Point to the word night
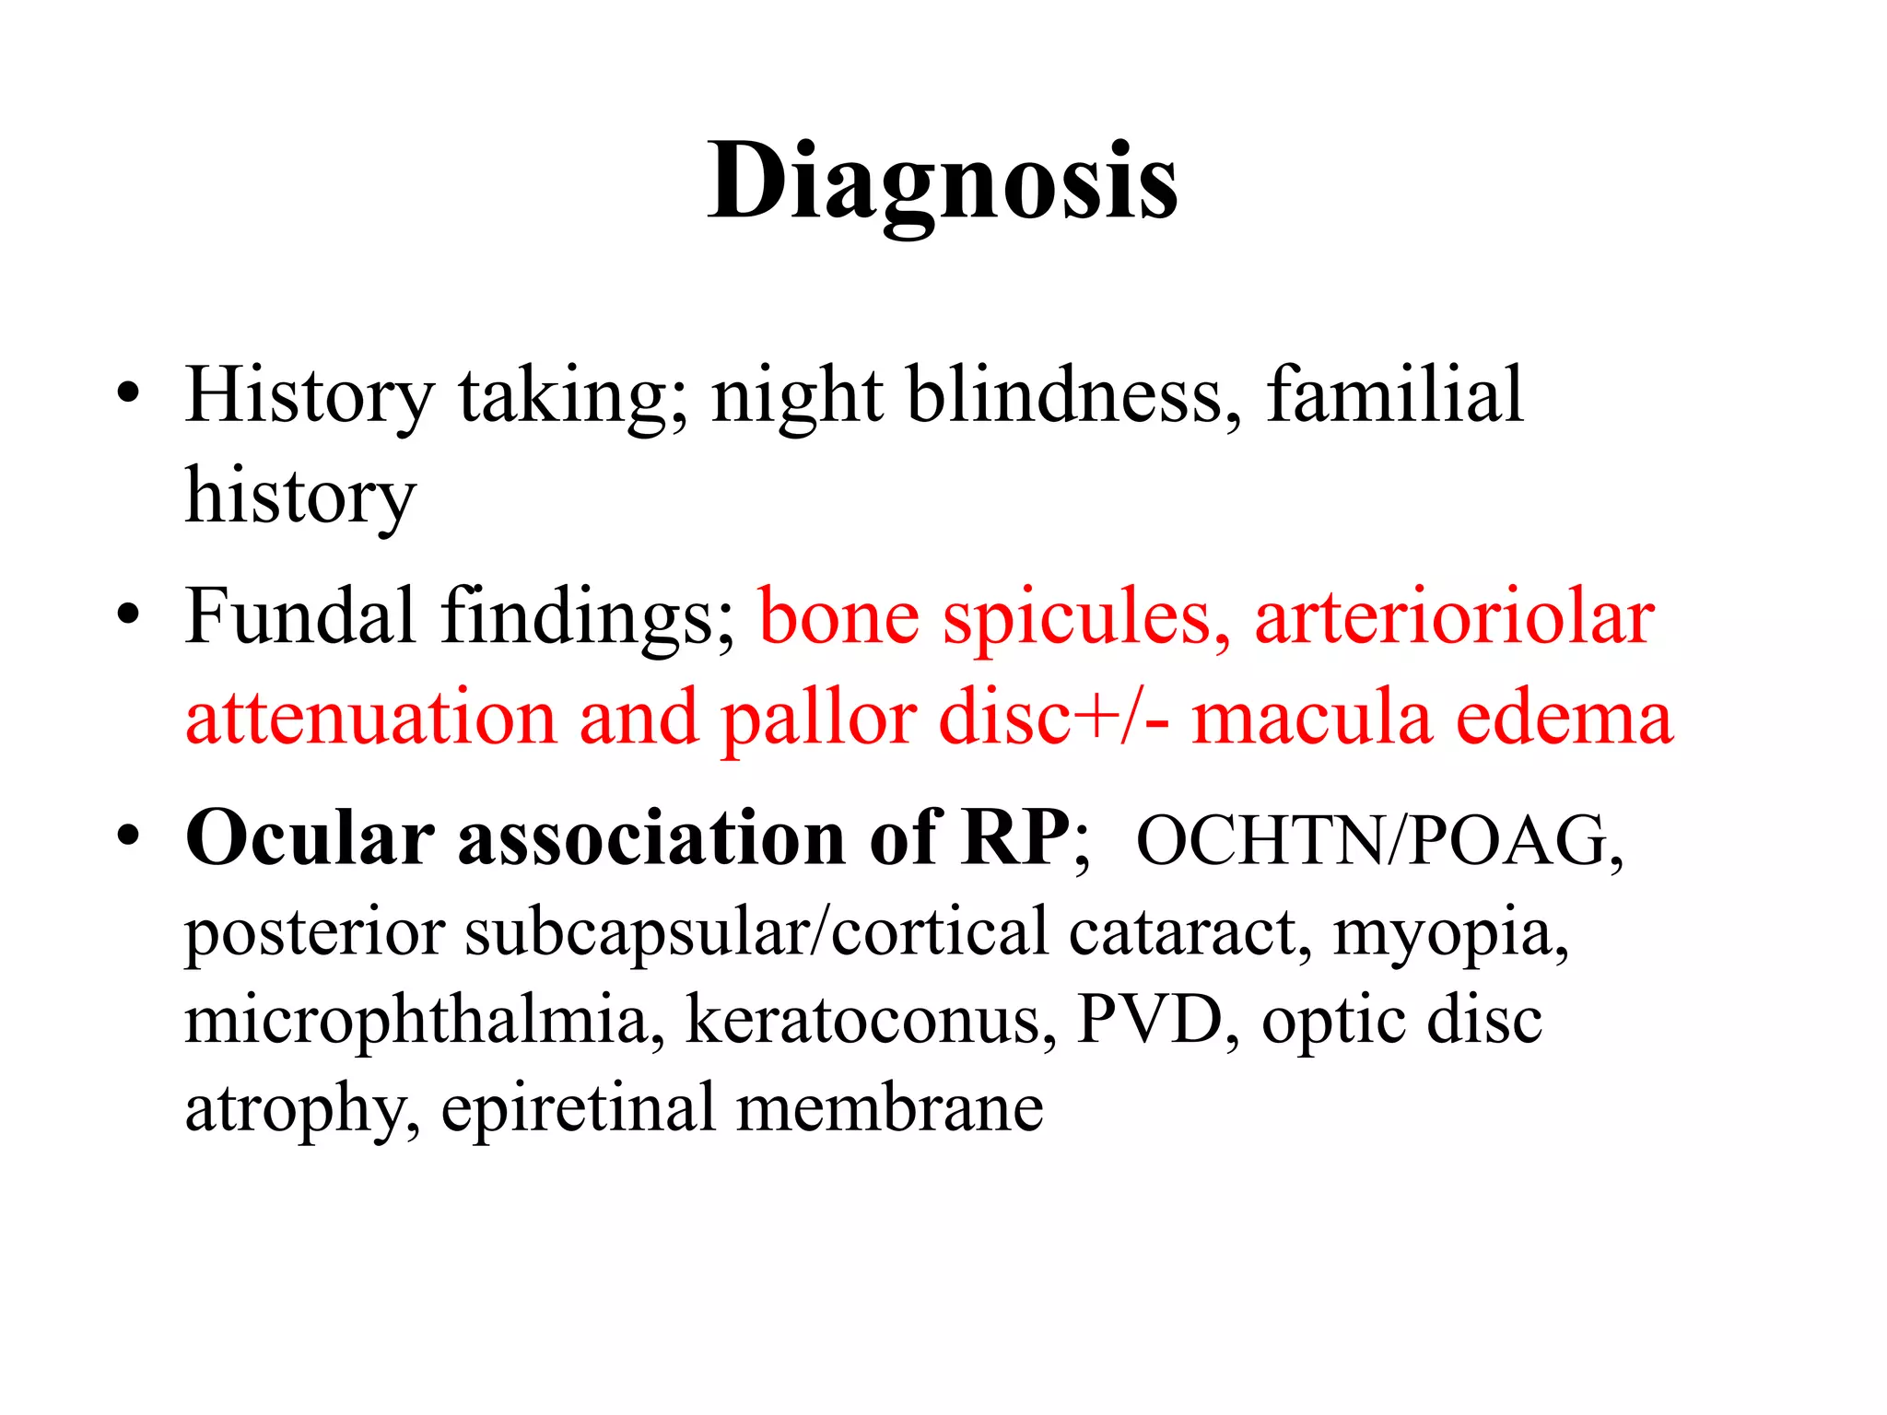coord(797,396)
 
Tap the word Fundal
coord(300,615)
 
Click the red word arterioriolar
coord(1454,617)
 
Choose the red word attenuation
coord(370,719)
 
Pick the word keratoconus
coord(871,1021)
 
